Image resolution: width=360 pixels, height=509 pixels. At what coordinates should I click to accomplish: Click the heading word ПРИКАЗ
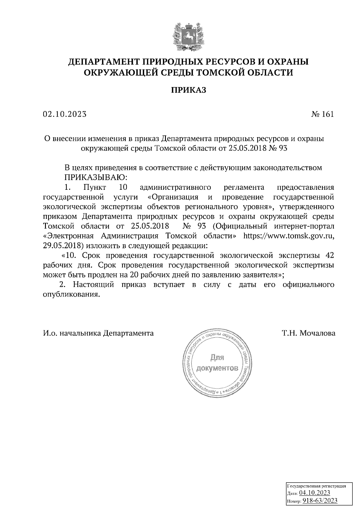point(189,90)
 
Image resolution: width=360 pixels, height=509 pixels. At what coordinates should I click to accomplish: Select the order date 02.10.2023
point(64,114)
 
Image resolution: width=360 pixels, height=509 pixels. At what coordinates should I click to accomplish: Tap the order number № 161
point(322,114)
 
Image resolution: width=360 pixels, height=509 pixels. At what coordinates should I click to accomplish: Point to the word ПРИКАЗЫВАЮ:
point(96,177)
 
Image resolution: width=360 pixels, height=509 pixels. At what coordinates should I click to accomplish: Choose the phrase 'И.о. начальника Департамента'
point(98,333)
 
